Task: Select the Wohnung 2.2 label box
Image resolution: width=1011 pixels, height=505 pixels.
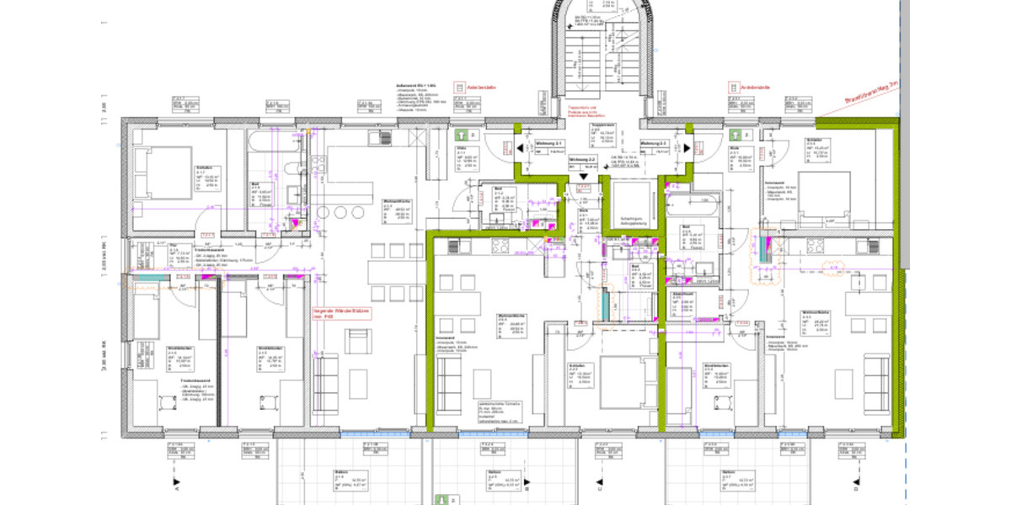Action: click(582, 158)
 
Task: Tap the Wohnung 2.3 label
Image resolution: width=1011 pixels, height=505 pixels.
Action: click(653, 145)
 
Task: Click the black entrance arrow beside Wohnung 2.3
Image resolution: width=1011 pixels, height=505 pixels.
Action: click(687, 148)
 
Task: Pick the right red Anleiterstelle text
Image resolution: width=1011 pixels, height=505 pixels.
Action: click(756, 87)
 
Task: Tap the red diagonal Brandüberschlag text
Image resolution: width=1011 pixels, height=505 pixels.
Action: click(869, 104)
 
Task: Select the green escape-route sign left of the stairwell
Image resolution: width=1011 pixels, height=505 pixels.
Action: click(461, 135)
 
